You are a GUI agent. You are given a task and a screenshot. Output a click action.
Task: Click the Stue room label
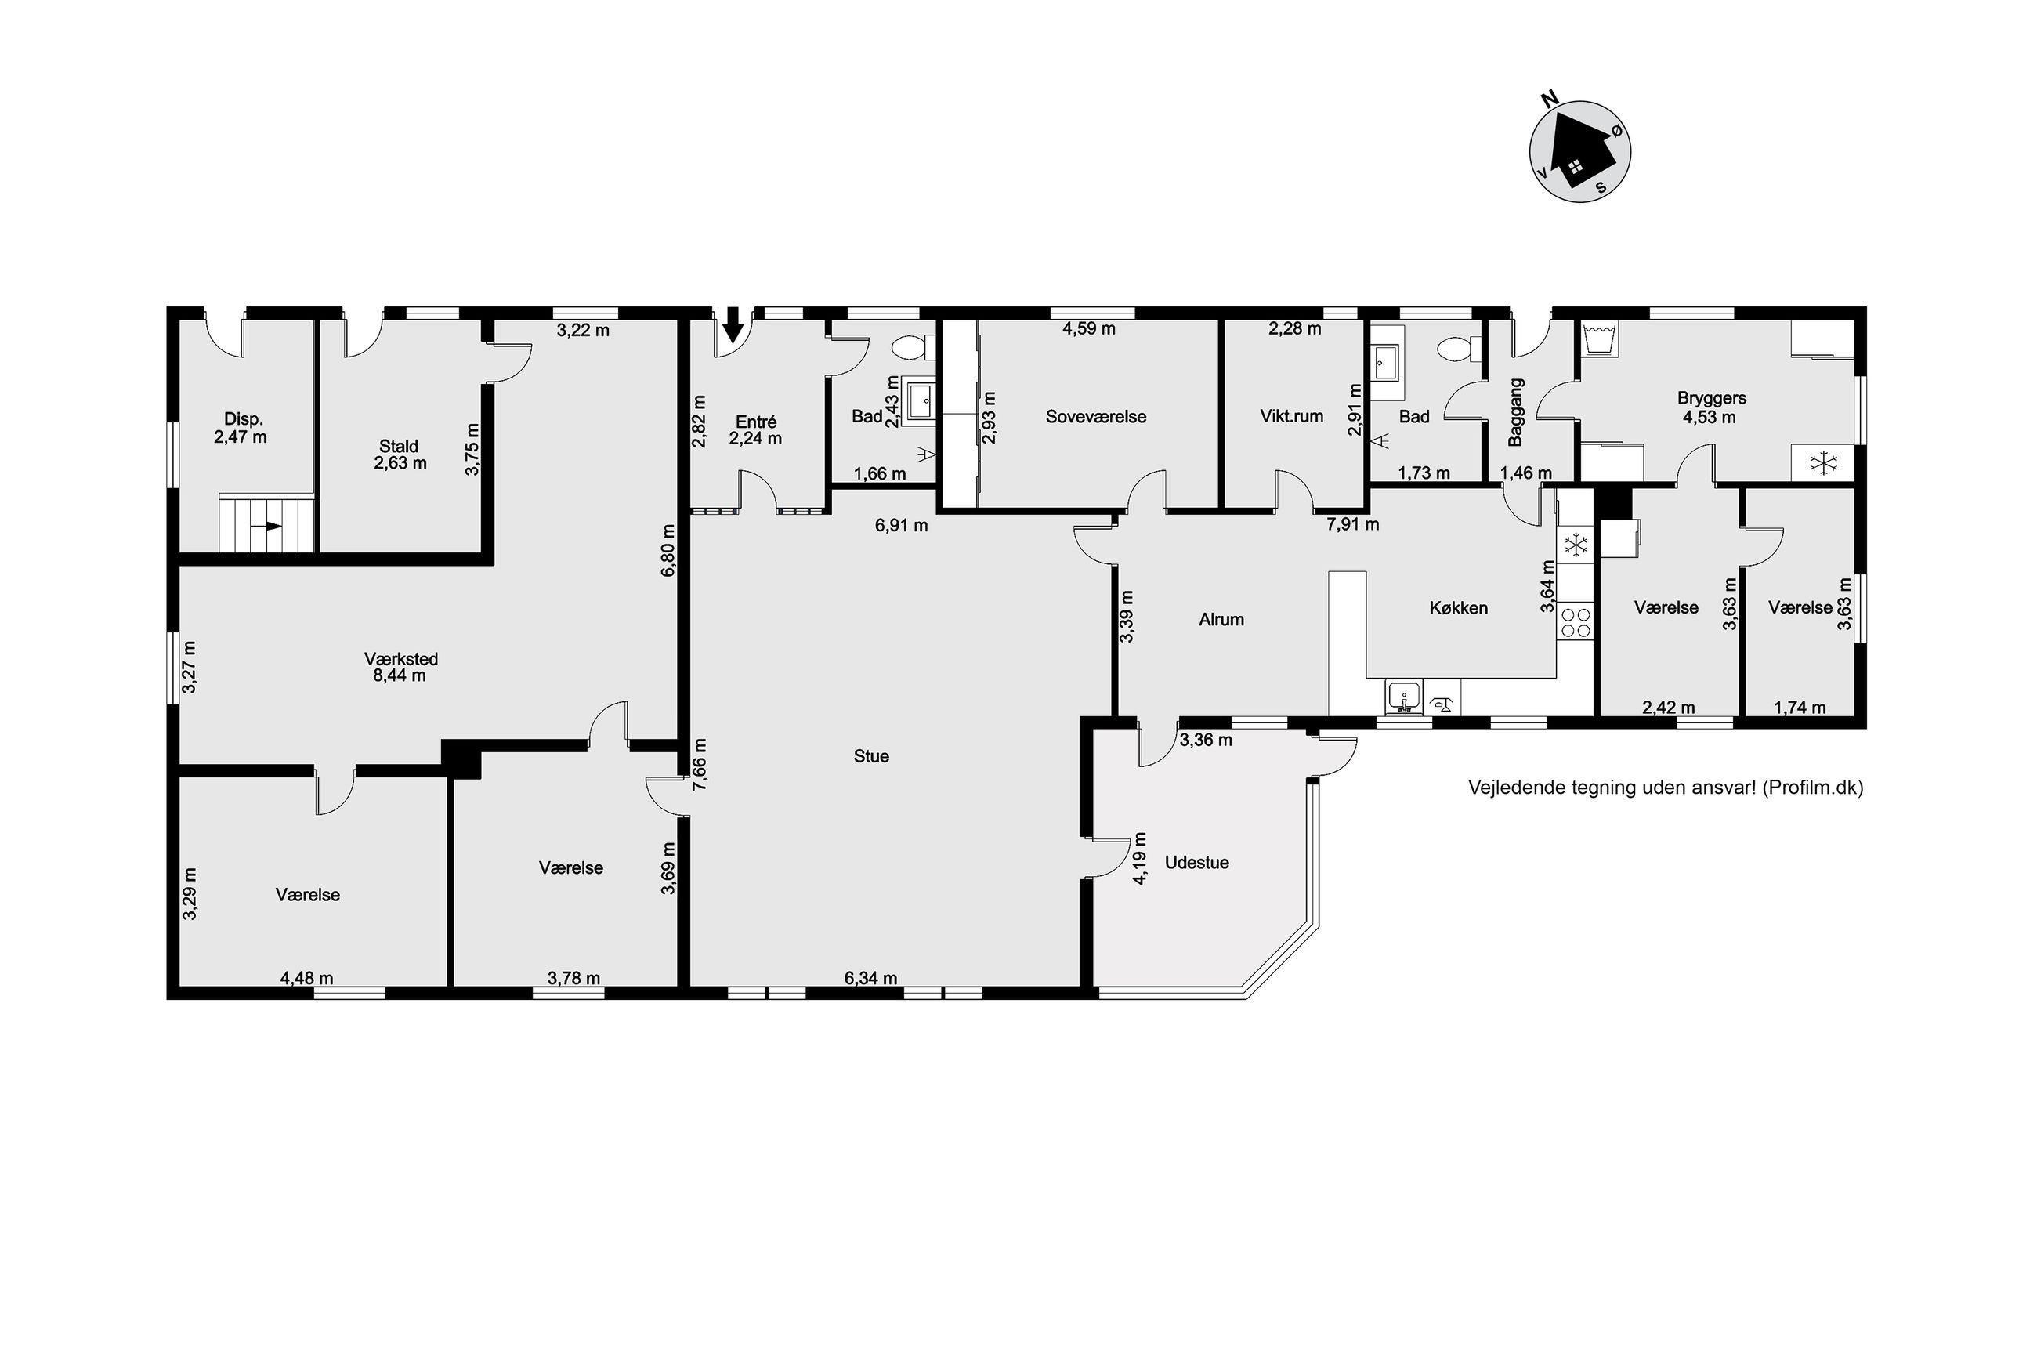[871, 756]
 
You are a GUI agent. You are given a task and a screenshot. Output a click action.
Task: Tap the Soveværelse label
[1095, 417]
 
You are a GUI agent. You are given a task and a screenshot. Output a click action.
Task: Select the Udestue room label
[1196, 863]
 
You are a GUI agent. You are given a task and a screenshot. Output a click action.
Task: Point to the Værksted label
[401, 659]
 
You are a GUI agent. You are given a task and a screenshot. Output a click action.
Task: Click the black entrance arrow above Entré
[733, 324]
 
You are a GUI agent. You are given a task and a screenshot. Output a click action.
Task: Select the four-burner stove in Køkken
[1575, 622]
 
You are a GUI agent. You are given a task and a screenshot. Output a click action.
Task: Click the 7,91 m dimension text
[1353, 524]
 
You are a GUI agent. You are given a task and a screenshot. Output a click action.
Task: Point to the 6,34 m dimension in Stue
[871, 979]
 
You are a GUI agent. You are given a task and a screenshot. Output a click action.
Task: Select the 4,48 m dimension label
[306, 979]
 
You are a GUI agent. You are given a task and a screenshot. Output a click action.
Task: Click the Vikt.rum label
[1292, 417]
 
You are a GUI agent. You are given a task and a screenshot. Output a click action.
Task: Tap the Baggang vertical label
[1515, 412]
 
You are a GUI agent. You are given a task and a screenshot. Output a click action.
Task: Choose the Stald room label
[398, 446]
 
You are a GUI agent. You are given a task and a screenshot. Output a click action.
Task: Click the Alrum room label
[1221, 619]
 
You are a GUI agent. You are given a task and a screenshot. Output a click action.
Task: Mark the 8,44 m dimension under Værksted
[399, 675]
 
